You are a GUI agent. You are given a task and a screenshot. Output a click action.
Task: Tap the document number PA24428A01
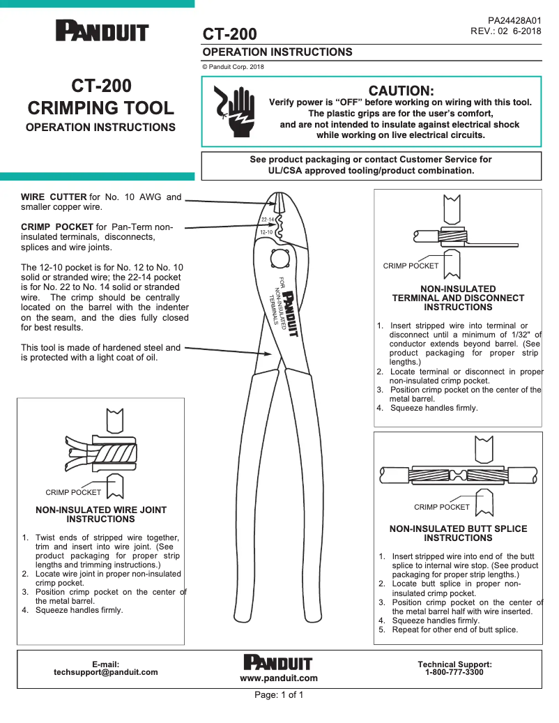point(514,21)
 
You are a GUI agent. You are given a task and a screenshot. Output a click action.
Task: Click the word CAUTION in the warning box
point(401,91)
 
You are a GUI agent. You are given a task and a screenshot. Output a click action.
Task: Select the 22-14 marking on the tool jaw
point(268,220)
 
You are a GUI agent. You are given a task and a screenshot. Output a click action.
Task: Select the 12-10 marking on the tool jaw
point(266,231)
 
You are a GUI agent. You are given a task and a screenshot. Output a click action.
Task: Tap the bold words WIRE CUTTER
point(54,197)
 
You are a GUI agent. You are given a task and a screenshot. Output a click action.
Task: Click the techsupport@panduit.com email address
point(106,673)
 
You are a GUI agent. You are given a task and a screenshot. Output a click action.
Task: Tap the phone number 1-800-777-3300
point(454,673)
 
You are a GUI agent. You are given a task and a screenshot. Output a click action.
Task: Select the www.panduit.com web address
point(279,678)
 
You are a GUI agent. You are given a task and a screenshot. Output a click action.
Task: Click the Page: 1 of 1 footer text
point(279,695)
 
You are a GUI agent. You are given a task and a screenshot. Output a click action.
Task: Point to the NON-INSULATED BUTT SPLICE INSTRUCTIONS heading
point(458,533)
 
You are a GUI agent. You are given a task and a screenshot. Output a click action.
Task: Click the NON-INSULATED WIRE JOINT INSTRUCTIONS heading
point(101,515)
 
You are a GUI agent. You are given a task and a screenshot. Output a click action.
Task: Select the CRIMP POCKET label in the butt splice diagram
point(442,507)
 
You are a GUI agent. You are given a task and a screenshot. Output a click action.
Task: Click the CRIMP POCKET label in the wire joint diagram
point(73,492)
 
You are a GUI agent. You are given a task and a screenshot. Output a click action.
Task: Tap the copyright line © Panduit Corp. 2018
point(233,67)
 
